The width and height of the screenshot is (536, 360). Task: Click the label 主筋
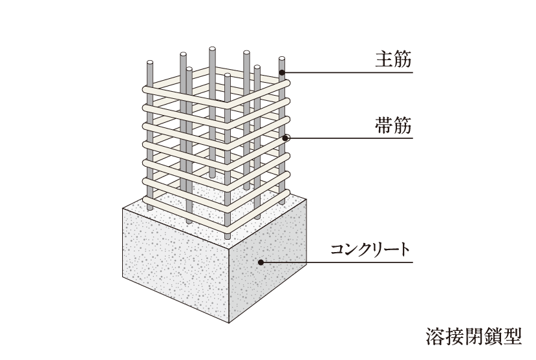click(393, 59)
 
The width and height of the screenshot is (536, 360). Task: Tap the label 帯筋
click(393, 125)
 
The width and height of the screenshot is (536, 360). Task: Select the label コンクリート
click(370, 249)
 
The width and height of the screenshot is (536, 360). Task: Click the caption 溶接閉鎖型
click(474, 336)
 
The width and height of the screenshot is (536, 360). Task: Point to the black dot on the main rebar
click(282, 72)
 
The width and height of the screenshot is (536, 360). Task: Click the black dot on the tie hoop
click(285, 138)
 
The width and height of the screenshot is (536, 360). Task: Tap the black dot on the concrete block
click(261, 262)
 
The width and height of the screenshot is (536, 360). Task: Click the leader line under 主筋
click(348, 72)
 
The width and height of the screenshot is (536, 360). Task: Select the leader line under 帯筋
click(349, 138)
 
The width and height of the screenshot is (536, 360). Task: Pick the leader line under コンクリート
click(337, 262)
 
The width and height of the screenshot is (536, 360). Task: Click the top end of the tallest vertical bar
click(212, 49)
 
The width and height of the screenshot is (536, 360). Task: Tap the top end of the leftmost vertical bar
click(150, 63)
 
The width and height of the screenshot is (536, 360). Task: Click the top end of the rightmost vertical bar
click(282, 59)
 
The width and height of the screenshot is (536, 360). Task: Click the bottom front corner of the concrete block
click(229, 323)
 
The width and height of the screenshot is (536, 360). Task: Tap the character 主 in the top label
click(384, 59)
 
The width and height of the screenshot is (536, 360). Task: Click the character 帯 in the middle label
click(384, 125)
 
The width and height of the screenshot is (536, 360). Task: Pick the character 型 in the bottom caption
click(513, 336)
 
